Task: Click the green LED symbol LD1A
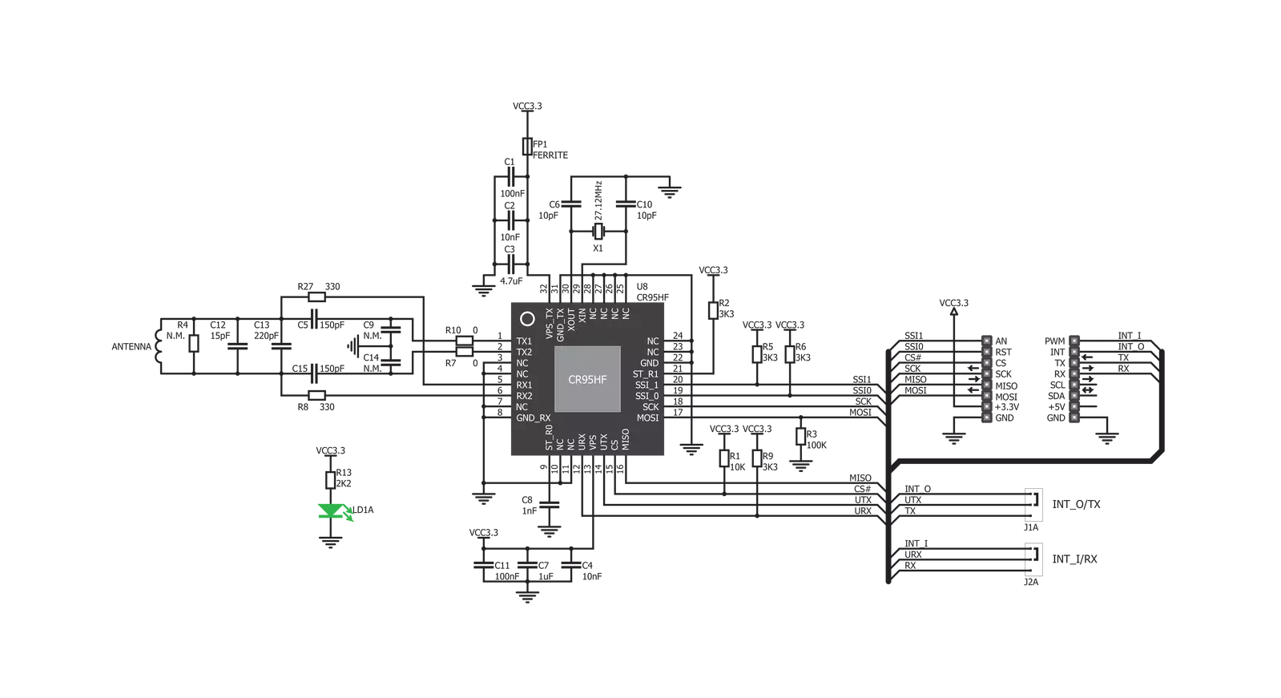[331, 511]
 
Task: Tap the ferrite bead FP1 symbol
[527, 147]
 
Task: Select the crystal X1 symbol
[598, 232]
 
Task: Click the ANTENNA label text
[131, 347]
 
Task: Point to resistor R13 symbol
[330, 480]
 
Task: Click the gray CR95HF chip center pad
[587, 379]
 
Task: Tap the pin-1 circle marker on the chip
[527, 319]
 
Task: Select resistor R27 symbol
[316, 297]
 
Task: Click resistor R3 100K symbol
[800, 437]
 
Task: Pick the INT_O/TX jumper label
[1076, 504]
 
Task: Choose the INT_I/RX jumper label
[1074, 559]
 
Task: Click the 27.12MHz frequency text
[598, 201]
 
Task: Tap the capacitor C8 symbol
[549, 505]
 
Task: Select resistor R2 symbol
[713, 311]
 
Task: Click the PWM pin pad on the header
[1074, 341]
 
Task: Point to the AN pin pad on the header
[986, 341]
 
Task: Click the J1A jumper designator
[1031, 527]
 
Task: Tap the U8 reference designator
[643, 287]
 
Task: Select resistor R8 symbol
[316, 395]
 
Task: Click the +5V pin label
[1056, 407]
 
